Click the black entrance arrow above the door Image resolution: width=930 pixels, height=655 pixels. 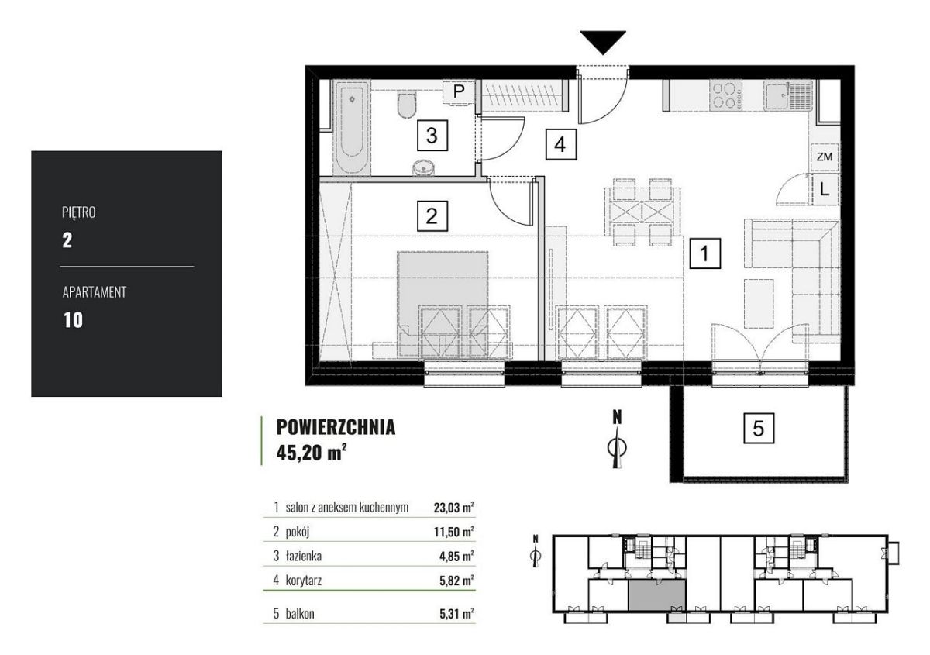(x=603, y=42)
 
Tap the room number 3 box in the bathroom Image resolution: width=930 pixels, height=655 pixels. (x=432, y=136)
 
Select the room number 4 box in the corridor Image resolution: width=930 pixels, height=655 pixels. (x=560, y=144)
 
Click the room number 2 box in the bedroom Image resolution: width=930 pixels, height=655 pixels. (x=432, y=216)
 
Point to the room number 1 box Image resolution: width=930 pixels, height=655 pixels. (x=705, y=253)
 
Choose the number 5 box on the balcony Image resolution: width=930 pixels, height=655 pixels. (x=759, y=428)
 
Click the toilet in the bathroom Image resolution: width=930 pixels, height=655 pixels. (x=406, y=105)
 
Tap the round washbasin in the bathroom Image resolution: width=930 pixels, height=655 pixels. (x=424, y=167)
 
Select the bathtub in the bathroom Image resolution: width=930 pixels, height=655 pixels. (x=352, y=127)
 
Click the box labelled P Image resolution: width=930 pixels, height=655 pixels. (x=459, y=91)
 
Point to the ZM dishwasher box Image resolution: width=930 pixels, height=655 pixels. (x=824, y=157)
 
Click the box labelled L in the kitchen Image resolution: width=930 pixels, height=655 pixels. (x=824, y=189)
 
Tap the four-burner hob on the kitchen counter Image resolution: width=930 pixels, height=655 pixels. (x=726, y=96)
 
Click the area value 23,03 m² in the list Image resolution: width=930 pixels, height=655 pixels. (x=454, y=508)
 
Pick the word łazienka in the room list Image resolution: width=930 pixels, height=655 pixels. (x=304, y=556)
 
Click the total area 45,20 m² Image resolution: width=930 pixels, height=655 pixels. (x=312, y=453)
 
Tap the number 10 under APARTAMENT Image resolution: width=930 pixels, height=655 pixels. (x=73, y=320)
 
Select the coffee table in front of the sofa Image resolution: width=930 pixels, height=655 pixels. (x=759, y=304)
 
